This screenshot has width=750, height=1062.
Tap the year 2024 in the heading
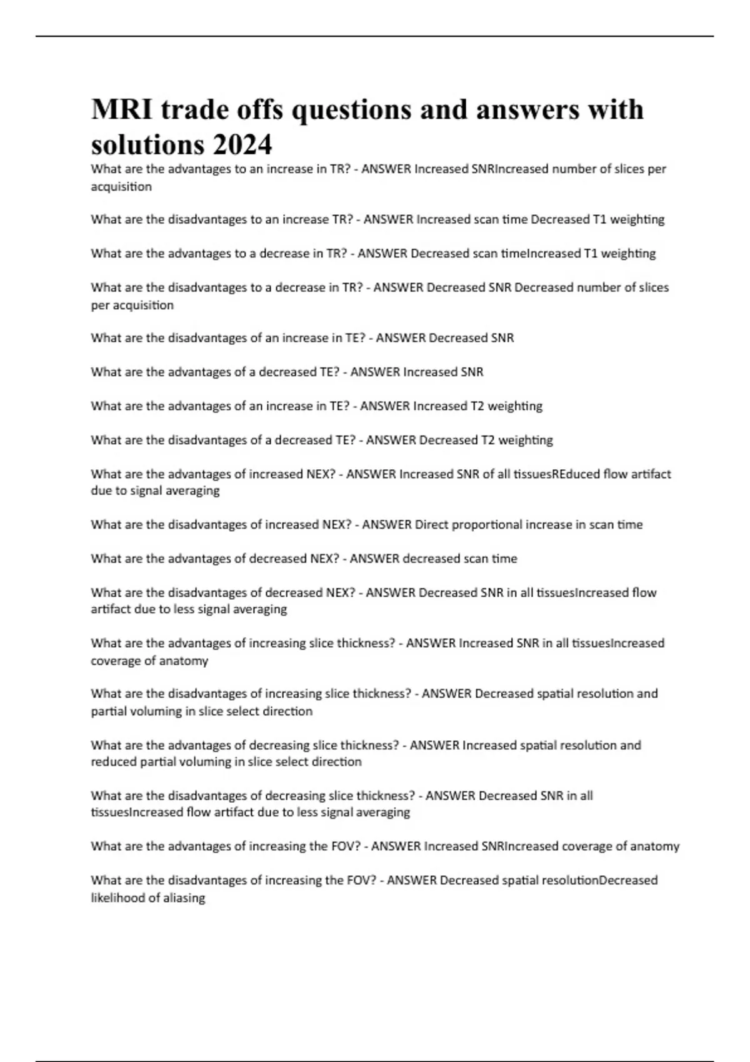click(x=242, y=146)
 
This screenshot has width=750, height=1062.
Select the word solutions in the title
click(x=147, y=146)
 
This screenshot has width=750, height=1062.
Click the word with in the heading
click(x=616, y=110)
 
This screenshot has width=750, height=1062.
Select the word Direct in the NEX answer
click(x=431, y=525)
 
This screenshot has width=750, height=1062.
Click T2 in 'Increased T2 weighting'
click(x=476, y=406)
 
